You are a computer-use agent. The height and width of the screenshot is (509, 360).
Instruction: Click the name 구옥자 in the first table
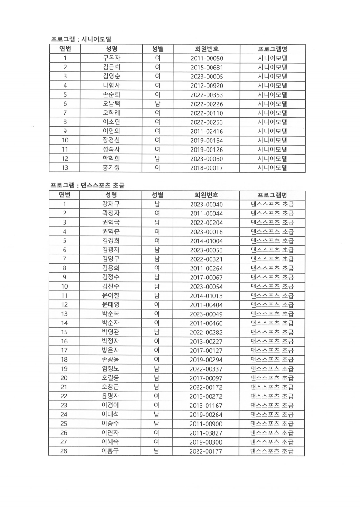[x=111, y=58]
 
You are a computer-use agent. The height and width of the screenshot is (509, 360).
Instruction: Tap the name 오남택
[x=111, y=104]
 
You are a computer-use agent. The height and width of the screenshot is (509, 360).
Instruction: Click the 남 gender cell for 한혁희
[x=157, y=159]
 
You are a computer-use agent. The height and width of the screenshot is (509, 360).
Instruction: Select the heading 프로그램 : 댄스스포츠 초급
[x=87, y=186]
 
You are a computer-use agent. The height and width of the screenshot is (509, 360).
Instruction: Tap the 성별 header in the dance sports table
[x=157, y=195]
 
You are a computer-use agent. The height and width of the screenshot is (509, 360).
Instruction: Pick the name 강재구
[x=111, y=204]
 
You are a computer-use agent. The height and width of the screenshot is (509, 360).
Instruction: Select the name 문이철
[x=111, y=295]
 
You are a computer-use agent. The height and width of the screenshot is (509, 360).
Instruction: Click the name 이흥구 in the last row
[x=111, y=451]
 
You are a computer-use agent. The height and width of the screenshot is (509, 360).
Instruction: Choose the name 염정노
[x=111, y=368]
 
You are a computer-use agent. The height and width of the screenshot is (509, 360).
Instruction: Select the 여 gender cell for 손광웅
[x=157, y=359]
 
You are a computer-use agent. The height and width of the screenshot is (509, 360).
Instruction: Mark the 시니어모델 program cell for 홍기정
[x=272, y=168]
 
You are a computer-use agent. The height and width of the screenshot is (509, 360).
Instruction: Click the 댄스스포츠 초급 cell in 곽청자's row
[x=272, y=213]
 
